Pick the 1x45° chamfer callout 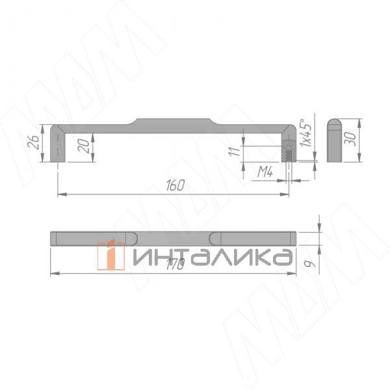coord(307,132)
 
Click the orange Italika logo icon coord(111,254)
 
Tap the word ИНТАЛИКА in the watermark coord(211,257)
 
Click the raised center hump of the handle coord(174,122)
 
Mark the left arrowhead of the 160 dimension coord(60,193)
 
